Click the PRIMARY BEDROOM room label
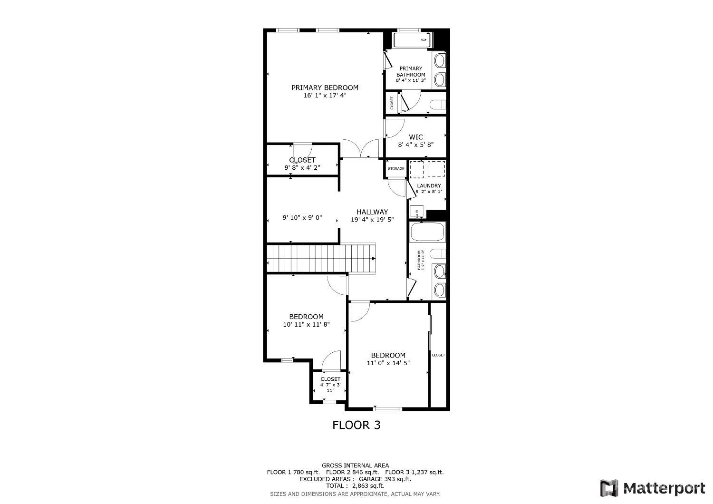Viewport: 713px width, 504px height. coord(325,87)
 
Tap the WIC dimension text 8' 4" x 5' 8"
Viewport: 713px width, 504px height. coord(416,145)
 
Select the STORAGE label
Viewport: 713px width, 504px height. coord(396,168)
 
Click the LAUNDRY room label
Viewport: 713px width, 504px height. coord(429,185)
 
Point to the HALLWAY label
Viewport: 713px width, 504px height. coord(372,212)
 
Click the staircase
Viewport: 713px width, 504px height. coord(321,258)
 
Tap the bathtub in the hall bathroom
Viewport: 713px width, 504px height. coord(427,232)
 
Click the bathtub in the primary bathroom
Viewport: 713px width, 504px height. coord(413,40)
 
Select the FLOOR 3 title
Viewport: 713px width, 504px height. coord(356,425)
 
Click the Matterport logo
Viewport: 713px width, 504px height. coord(653,488)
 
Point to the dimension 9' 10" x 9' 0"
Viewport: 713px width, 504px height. coord(302,218)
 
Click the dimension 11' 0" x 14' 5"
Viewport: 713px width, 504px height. coord(388,363)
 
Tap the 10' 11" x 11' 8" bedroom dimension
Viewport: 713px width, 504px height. coord(306,324)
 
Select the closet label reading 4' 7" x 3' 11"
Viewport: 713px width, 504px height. coord(330,388)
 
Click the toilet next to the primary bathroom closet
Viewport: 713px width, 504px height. coord(438,105)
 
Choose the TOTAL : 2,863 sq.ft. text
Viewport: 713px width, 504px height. coord(355,486)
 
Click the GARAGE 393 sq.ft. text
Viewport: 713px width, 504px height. coord(385,479)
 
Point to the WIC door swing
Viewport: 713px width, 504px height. coord(395,128)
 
